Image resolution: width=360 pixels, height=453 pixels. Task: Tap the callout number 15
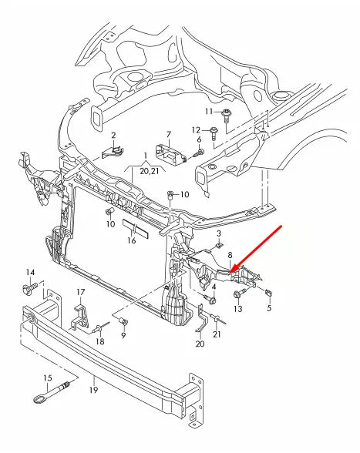(x=47, y=377)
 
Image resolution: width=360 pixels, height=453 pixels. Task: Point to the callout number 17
(x=81, y=291)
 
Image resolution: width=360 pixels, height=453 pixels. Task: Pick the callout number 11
(x=209, y=112)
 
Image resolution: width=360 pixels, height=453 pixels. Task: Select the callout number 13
(x=237, y=308)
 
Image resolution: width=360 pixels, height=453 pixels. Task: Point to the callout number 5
(x=270, y=308)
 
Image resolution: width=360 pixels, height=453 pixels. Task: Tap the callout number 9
(x=123, y=335)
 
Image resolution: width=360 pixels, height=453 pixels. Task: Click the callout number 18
(x=100, y=341)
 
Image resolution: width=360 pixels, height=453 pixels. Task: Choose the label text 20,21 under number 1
(x=150, y=170)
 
